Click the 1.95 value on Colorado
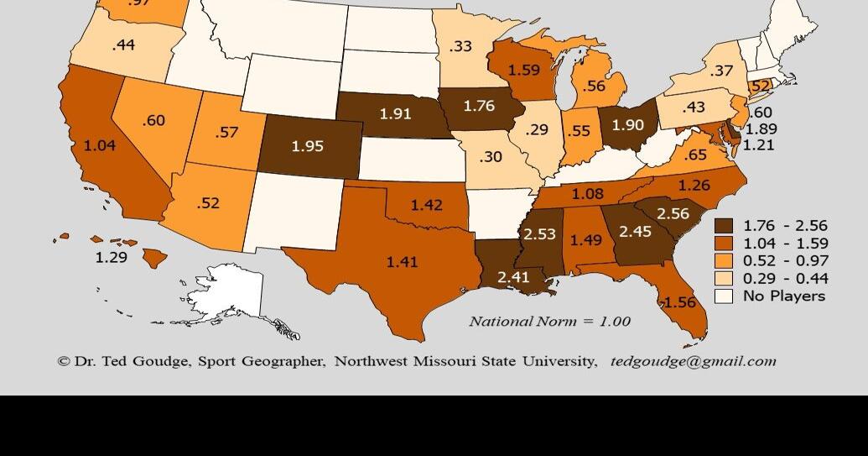(307, 146)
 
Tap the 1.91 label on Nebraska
(395, 113)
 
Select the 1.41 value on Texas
(402, 262)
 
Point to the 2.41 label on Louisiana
(513, 276)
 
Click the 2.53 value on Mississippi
(539, 233)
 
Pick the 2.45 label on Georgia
(635, 231)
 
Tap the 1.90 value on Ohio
(628, 124)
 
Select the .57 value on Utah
(226, 132)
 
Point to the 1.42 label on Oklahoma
(427, 204)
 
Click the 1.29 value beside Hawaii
(111, 257)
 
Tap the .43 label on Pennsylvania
(694, 107)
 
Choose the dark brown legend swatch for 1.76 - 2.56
(723, 226)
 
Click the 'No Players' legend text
(783, 296)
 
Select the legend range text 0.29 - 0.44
(785, 278)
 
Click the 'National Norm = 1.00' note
(549, 321)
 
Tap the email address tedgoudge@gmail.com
(693, 361)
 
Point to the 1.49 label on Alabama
(586, 240)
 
